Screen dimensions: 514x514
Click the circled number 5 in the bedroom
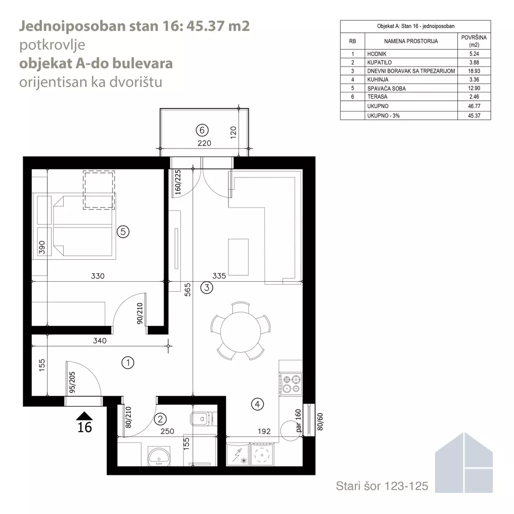(x=123, y=232)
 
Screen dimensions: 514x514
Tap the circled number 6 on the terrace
(x=202, y=130)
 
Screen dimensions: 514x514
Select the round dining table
(x=241, y=332)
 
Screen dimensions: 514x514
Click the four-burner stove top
(x=291, y=384)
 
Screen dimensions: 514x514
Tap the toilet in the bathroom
(x=203, y=419)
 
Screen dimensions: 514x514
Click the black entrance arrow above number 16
(x=84, y=415)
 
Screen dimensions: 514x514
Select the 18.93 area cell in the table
(x=474, y=71)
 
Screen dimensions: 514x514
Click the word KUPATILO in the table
(x=379, y=63)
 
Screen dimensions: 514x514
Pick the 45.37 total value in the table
(x=474, y=116)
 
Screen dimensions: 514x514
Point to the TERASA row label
(x=377, y=97)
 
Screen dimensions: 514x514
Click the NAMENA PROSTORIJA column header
(x=411, y=41)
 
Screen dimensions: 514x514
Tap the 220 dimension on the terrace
(x=204, y=143)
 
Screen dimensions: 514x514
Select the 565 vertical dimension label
(x=187, y=290)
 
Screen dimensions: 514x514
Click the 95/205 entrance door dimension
(x=72, y=382)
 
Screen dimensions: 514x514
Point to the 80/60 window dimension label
(x=320, y=422)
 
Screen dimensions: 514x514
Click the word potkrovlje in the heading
(x=52, y=45)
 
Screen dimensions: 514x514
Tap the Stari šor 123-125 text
(x=382, y=486)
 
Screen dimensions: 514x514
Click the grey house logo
(x=464, y=463)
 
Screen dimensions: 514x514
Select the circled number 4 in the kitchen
(x=257, y=404)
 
